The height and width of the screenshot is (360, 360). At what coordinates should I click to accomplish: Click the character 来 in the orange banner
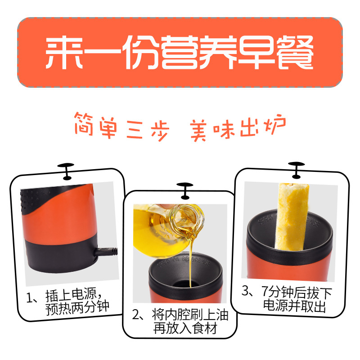[64, 53]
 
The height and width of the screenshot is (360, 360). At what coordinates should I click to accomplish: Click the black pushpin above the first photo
[66, 171]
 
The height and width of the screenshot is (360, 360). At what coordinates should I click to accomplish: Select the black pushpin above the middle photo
[185, 191]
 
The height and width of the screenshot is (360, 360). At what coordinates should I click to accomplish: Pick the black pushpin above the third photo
[296, 170]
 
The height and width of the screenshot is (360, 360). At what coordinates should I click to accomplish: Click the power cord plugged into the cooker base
[106, 252]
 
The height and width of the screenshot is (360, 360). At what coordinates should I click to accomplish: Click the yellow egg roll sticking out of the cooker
[292, 216]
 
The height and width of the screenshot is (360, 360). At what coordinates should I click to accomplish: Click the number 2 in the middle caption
[135, 315]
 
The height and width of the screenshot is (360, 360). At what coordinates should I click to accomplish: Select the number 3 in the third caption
[245, 290]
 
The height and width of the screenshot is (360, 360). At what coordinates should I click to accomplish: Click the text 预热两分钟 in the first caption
[77, 308]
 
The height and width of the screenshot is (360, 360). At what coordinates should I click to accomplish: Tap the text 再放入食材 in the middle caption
[185, 328]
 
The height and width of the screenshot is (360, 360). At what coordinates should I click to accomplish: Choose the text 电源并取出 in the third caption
[295, 306]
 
